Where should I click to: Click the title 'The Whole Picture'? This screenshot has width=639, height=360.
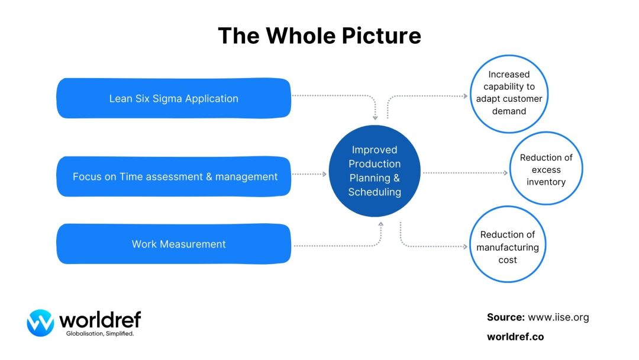319,36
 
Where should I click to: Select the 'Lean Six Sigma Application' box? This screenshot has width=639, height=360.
173,98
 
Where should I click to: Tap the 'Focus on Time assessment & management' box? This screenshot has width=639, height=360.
173,176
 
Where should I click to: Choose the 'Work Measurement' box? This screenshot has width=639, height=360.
173,244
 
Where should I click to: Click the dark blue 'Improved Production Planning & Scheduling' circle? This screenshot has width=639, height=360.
374,171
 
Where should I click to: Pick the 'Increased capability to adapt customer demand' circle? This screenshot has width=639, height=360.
509,93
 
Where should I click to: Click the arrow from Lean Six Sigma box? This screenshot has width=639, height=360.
337,95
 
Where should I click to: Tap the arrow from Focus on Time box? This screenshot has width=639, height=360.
309,174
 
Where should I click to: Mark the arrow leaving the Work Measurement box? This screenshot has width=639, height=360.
337,245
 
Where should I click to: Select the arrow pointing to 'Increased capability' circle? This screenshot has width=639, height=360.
426,95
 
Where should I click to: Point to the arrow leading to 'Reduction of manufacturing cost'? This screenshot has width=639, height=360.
432,245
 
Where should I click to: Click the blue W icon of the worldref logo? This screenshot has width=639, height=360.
40,323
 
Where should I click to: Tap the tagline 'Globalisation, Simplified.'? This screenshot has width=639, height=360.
99,334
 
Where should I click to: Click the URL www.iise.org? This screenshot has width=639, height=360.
558,317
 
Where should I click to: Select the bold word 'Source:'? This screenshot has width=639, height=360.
506,317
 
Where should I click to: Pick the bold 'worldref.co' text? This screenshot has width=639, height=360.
515,336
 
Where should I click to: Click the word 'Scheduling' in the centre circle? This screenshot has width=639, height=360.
374,192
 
